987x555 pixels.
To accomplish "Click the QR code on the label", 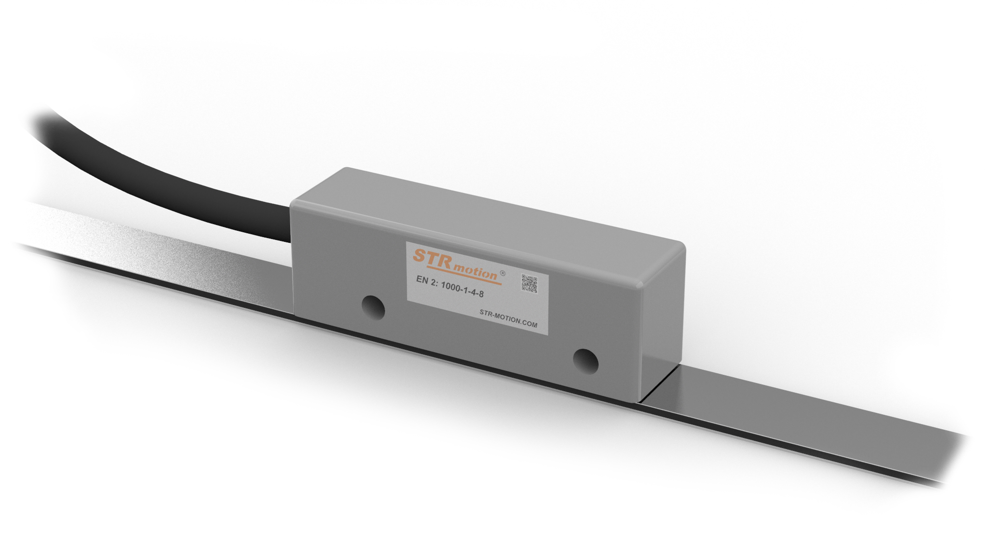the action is click(x=529, y=284).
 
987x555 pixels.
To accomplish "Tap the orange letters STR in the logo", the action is click(x=432, y=258).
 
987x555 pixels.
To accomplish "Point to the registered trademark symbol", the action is click(x=503, y=273).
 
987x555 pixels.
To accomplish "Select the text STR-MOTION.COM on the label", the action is click(x=508, y=318).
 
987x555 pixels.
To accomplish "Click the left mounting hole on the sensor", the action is click(x=373, y=307).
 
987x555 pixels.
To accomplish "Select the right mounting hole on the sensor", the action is click(x=586, y=361).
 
